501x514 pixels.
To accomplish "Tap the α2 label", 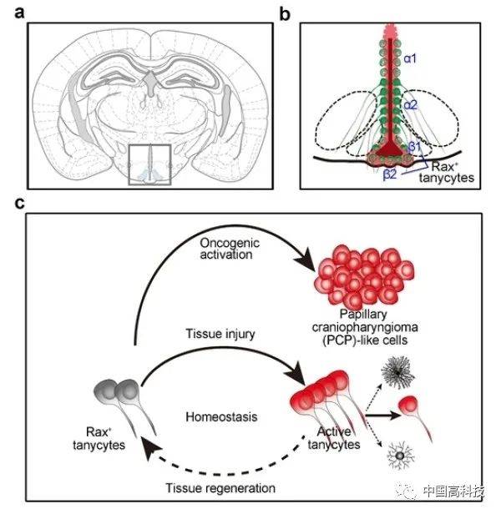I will (411, 105).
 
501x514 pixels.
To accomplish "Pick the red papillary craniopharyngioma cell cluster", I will (357, 276).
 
